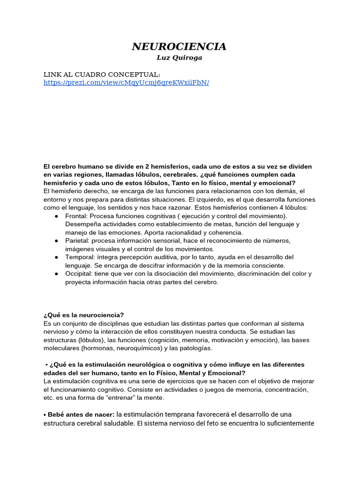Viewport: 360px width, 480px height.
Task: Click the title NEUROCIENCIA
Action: (179, 46)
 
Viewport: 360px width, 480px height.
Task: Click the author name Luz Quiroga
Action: (180, 58)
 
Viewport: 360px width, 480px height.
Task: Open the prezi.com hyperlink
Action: (126, 82)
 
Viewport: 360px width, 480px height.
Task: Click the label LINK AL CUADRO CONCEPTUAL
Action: (102, 75)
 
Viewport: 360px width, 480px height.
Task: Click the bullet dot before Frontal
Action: (56, 216)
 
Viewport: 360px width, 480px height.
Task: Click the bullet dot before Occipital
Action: (56, 274)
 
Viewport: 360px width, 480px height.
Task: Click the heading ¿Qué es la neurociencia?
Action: (83, 315)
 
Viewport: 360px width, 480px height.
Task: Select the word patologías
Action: (195, 348)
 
